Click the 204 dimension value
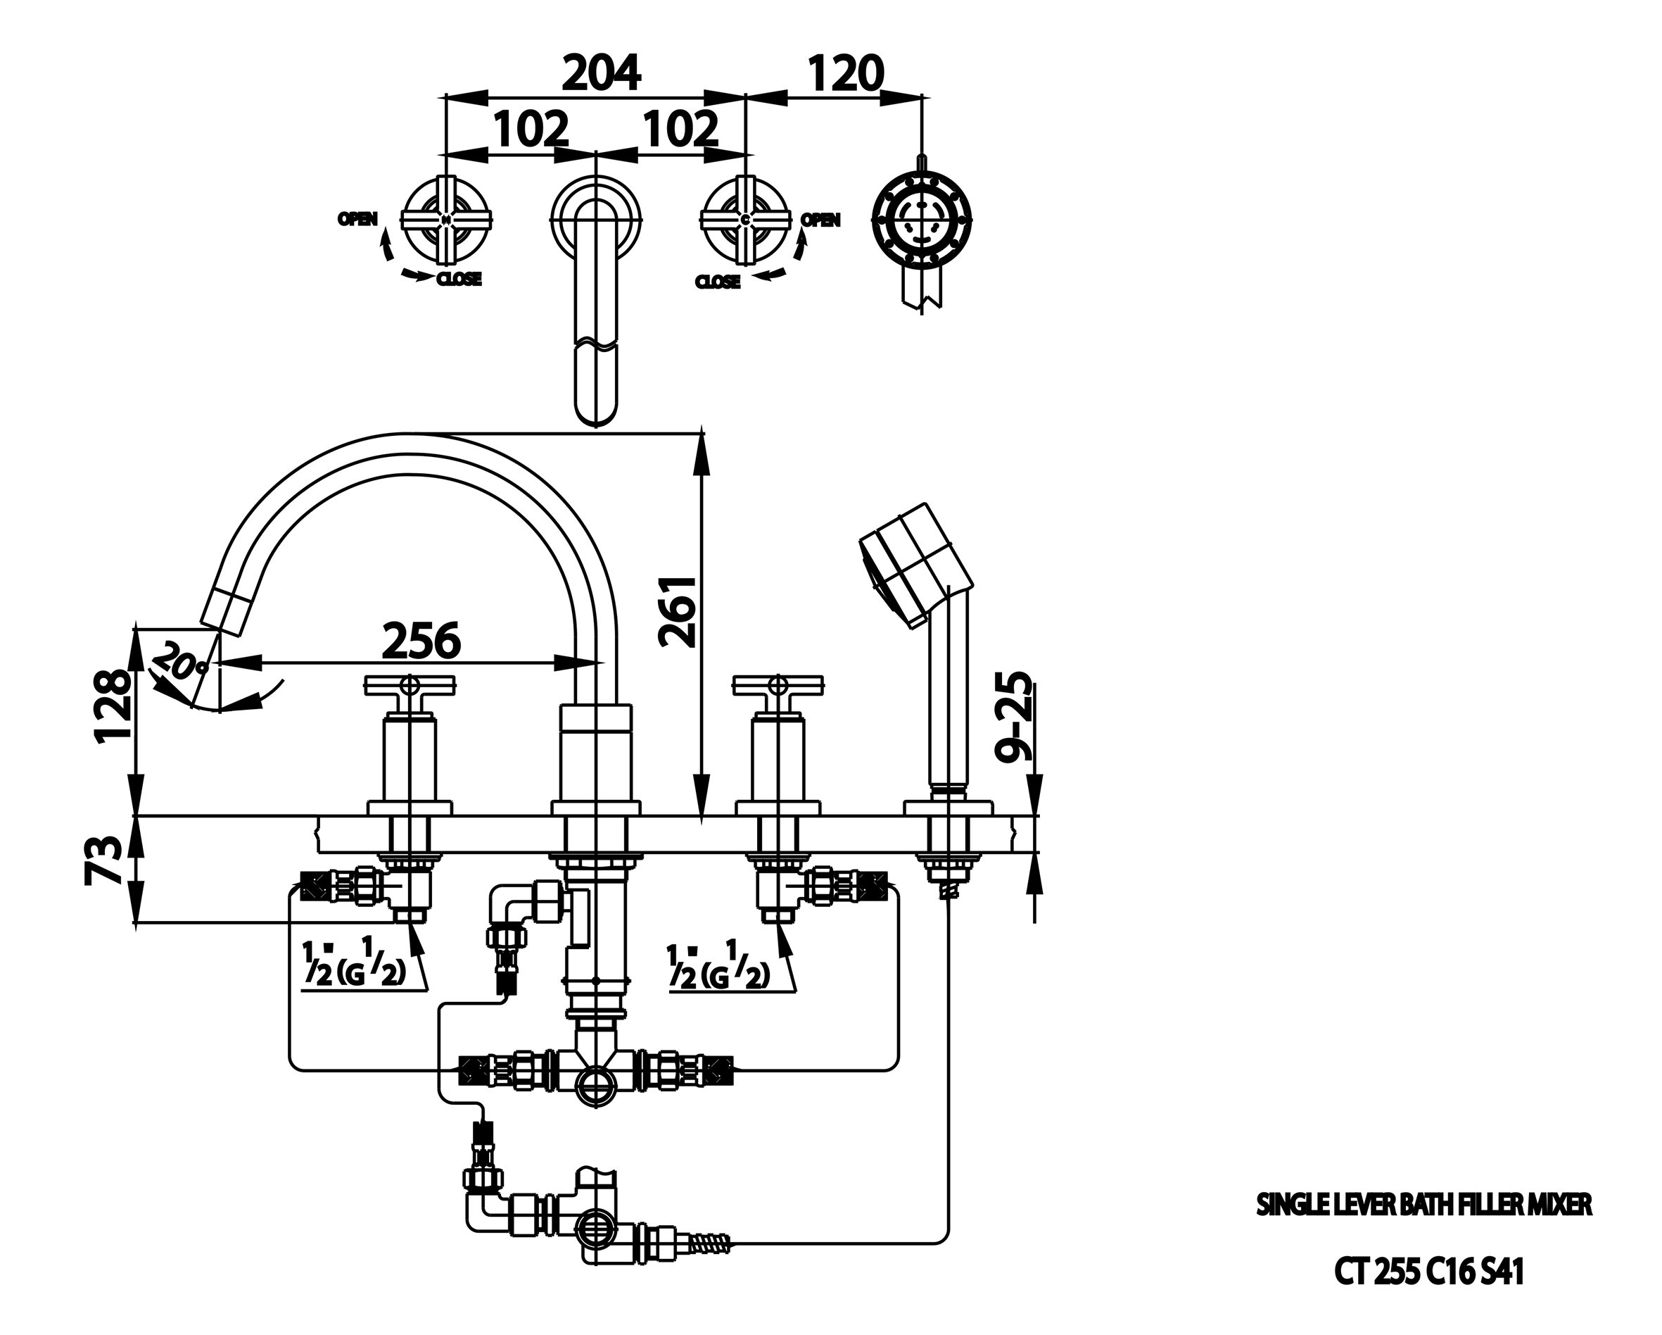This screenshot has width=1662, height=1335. click(x=602, y=74)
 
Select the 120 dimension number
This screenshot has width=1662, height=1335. click(x=846, y=74)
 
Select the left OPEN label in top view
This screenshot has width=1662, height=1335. click(x=357, y=220)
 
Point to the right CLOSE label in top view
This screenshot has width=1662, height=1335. click(x=718, y=282)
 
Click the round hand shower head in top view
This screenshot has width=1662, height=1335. click(x=921, y=220)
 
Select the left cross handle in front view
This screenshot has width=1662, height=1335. click(x=409, y=684)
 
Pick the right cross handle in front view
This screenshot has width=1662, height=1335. click(x=779, y=684)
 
